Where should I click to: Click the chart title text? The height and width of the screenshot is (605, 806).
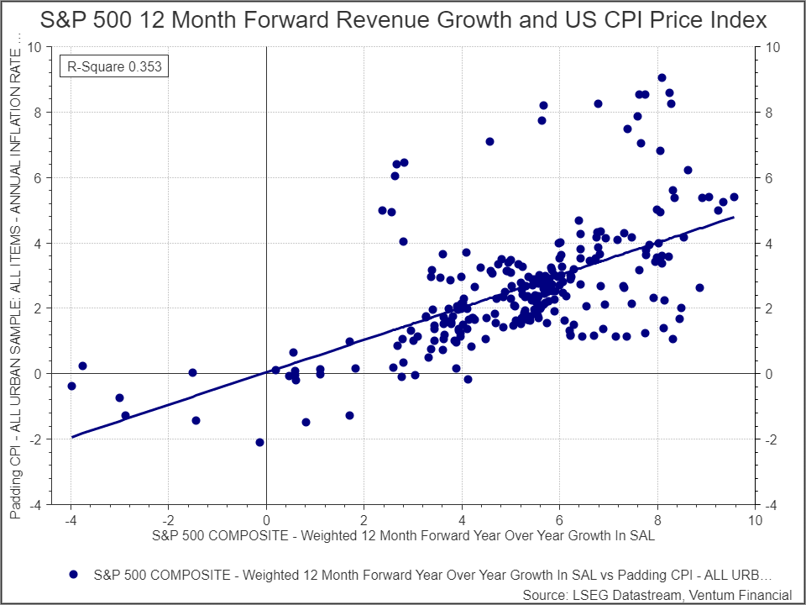point(403,21)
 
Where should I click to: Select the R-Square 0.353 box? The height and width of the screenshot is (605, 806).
point(114,65)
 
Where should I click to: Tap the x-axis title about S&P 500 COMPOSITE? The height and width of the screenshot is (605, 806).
point(403,534)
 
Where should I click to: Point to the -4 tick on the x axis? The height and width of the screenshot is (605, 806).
point(71,519)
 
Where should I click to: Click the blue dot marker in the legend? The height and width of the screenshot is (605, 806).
point(73,575)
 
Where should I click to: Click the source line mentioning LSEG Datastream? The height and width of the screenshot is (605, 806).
point(657,594)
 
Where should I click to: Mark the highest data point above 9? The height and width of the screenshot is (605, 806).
point(662,77)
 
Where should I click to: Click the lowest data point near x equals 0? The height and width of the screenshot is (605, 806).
point(259,442)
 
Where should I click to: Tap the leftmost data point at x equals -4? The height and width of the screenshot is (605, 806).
point(71,386)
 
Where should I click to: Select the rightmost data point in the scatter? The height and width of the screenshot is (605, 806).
point(734,197)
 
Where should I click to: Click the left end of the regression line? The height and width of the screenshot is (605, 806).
point(72,437)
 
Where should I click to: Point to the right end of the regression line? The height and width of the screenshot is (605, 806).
point(734,217)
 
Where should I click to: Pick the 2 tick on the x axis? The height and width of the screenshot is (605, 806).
point(364,519)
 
